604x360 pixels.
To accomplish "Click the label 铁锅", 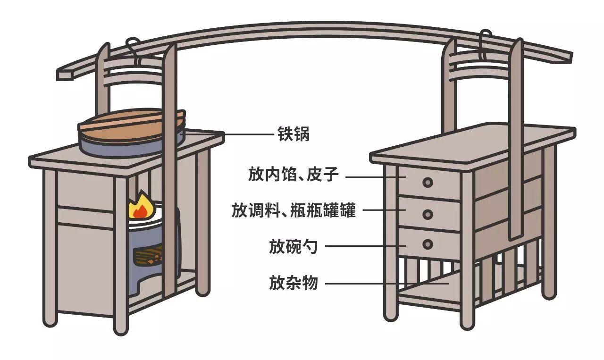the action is tap(293, 134).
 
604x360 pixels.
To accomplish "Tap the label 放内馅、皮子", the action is tap(294, 175).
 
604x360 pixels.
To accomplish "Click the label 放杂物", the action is tap(294, 283).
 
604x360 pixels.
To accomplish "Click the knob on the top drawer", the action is tap(428, 182).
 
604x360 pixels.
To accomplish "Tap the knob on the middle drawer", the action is tap(428, 214).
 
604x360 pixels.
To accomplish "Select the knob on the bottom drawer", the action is tap(428, 244).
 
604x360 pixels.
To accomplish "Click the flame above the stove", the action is tap(139, 208).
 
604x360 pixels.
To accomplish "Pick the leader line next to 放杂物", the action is tap(387, 284).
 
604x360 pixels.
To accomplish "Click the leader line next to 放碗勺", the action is tap(366, 246).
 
